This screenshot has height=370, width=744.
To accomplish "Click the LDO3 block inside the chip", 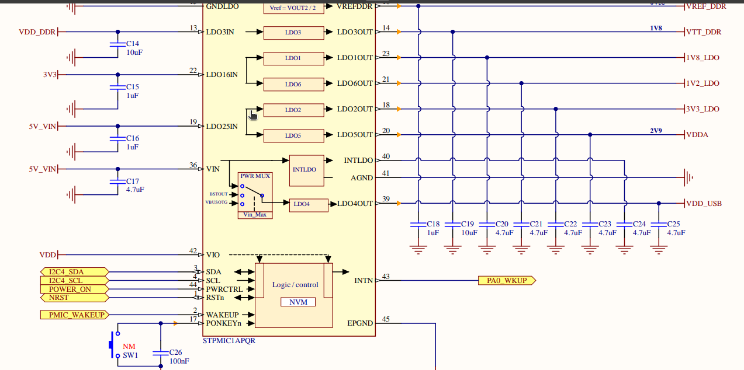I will pos(293,33).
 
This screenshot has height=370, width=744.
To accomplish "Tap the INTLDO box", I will pos(305,170).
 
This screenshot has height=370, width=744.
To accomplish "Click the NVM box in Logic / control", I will pos(298,302).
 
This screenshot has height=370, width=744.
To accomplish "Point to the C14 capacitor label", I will pos(133,44).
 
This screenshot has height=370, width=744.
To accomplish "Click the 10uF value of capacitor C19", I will pos(469,233).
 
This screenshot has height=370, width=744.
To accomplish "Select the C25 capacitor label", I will pos(673,224).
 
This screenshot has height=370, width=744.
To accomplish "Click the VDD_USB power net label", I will pos(704,204).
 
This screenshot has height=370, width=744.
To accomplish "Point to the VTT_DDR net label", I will pos(704,32).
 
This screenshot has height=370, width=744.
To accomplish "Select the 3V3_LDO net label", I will pos(703,109).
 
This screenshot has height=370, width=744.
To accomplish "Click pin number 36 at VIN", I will pos(193,165).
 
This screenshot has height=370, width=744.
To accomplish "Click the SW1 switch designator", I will pos(130,355).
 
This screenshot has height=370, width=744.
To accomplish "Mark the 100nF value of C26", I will pos(179,361).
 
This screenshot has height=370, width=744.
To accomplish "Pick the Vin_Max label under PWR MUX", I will pos(255,215).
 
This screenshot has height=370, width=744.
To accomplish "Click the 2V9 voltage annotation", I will pos(656,131).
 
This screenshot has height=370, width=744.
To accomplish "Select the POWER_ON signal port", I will pos(70,289).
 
